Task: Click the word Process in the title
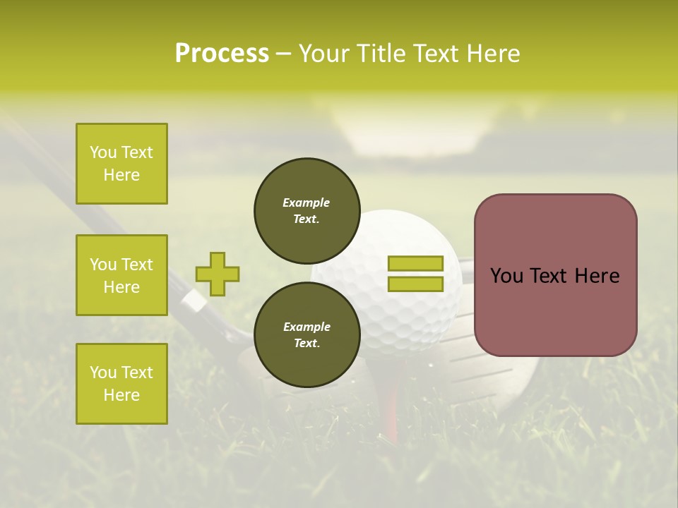tap(222, 54)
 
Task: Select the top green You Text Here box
tap(121, 164)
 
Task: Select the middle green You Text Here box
tap(121, 275)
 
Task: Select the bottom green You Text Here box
tap(121, 384)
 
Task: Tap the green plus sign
tap(217, 274)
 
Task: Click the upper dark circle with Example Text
tap(307, 210)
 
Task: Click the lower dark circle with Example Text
tap(307, 334)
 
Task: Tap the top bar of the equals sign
tap(415, 263)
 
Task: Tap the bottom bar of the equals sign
tap(415, 284)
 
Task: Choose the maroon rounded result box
tap(555, 275)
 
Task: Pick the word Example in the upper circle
tap(307, 202)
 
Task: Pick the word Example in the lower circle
tap(307, 327)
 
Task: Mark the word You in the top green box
tap(103, 152)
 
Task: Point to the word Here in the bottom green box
tap(121, 395)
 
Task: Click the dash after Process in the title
tap(284, 54)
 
